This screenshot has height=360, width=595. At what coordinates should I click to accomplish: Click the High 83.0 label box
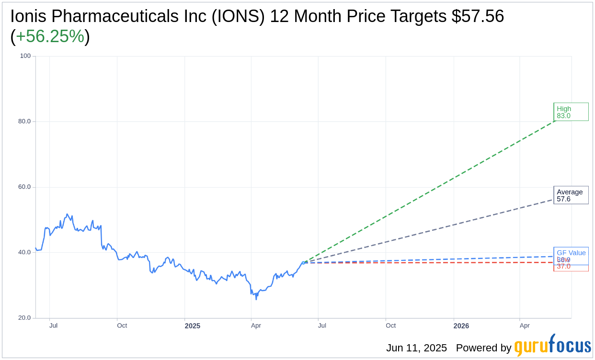(x=571, y=112)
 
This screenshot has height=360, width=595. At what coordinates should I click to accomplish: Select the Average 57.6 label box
(x=571, y=195)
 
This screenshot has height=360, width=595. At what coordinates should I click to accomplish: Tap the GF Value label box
(x=571, y=253)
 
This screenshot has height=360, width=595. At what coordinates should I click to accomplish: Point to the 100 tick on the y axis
(x=25, y=56)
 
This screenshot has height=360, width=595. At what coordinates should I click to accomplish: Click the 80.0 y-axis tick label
(x=24, y=122)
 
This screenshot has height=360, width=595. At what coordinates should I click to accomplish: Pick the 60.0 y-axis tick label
(x=24, y=187)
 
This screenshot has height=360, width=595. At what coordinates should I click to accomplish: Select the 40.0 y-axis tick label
(x=24, y=252)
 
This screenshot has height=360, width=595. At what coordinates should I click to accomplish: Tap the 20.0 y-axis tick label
(x=24, y=318)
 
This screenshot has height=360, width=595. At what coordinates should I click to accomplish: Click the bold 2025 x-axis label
(x=193, y=326)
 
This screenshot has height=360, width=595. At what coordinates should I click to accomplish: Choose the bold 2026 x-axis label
(x=461, y=326)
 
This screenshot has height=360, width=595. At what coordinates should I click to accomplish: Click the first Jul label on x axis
(x=53, y=326)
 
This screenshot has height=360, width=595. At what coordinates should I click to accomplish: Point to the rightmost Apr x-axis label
(x=525, y=326)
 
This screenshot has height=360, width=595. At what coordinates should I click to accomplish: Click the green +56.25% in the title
(x=50, y=36)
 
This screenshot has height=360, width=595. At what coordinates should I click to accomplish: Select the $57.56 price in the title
(x=478, y=16)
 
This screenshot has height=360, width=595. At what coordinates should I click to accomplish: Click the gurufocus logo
(x=552, y=346)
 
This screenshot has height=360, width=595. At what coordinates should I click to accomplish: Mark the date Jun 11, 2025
(x=416, y=348)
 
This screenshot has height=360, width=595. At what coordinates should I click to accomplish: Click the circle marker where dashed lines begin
(x=303, y=263)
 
